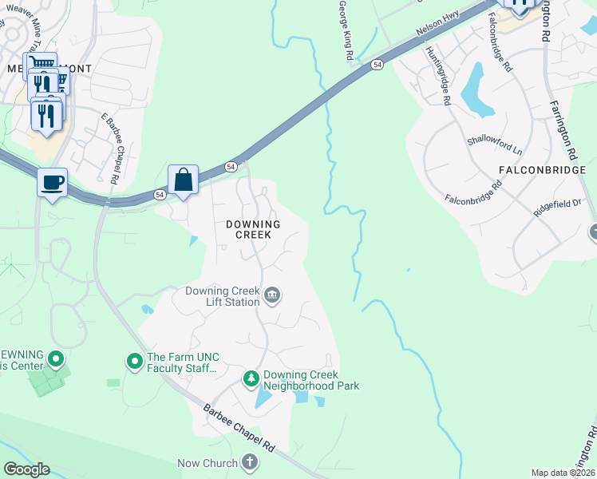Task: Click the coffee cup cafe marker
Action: pos(53,183)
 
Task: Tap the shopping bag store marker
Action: pos(183,179)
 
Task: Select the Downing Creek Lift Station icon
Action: pos(272,296)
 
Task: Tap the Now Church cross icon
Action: pos(250,462)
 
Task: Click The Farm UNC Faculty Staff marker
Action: pos(134,362)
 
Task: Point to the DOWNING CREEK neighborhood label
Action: pos(247,230)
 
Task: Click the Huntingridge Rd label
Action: pos(440,76)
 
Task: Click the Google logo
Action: pos(26,469)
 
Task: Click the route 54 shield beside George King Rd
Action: pos(375,65)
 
